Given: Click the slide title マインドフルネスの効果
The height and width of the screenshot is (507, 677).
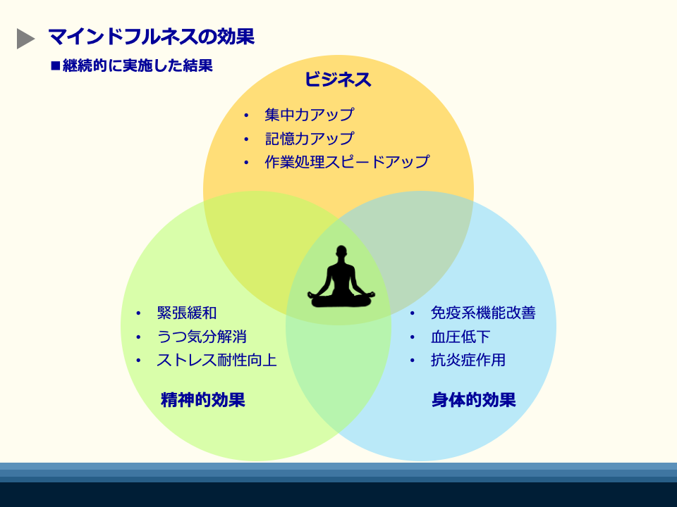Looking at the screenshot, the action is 151,36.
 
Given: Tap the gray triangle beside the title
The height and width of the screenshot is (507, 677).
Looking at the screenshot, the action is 25,39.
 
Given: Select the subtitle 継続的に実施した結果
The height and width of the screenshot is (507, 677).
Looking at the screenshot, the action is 138,65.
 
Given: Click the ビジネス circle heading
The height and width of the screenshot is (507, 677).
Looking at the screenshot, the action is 338,80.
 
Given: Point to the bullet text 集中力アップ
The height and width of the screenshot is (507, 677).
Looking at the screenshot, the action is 310,115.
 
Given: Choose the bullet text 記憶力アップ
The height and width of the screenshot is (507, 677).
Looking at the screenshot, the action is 310,139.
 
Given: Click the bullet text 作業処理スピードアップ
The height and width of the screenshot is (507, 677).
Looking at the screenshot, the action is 347,162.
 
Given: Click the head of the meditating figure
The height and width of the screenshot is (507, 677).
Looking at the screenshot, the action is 341,251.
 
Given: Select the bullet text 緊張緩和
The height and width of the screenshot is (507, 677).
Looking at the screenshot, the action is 186,313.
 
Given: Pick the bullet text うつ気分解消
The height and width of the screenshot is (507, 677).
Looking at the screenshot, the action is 202,337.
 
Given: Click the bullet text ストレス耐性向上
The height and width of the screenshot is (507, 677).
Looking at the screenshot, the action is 216,360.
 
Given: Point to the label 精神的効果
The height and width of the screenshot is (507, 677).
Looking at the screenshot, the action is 203,400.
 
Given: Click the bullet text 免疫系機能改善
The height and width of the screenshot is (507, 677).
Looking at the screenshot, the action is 483,313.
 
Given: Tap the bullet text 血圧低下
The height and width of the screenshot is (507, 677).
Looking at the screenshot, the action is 461,337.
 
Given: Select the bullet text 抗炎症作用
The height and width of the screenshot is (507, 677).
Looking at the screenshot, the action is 468,360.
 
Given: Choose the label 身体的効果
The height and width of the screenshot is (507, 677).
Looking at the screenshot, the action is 474,400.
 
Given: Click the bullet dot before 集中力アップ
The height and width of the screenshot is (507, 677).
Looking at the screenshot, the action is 246,115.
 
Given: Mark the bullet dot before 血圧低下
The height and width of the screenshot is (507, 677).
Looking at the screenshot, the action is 413,337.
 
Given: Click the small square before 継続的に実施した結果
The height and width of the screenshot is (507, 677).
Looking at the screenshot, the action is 55,66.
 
